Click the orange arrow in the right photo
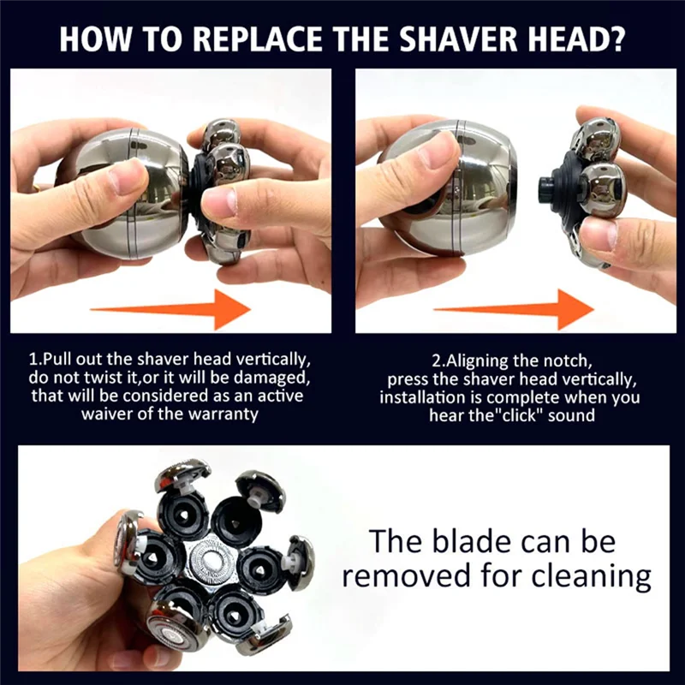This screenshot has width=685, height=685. point(515,306)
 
